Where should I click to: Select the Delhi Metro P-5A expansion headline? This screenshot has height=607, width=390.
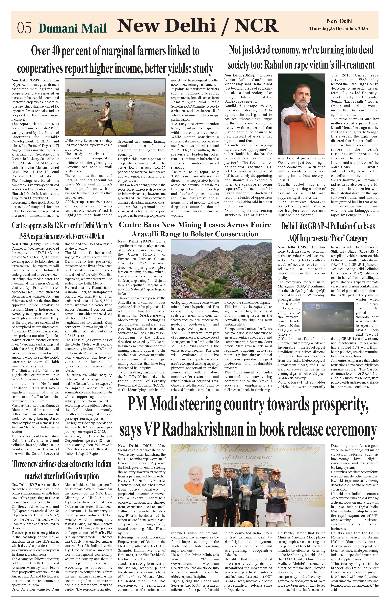click(62, 231)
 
